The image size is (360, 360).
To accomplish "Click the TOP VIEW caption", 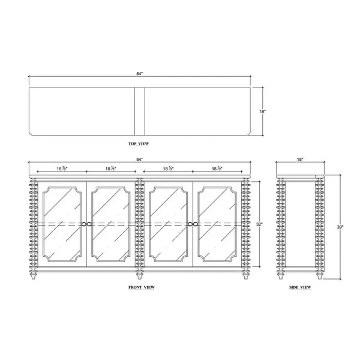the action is coord(139,144).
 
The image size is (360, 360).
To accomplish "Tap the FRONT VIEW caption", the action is coord(142,287).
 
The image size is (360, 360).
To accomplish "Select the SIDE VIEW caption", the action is coord(300,287).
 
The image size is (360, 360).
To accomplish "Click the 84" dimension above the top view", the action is coord(140,74).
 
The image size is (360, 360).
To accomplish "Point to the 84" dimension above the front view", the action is coord(140,159).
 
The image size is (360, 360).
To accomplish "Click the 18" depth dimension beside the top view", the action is coord(263,112).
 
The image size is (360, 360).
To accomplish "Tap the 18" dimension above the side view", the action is coord(300,159).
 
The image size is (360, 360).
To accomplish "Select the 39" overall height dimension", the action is coord(340,227).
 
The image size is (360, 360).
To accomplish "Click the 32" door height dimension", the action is coord(259,224).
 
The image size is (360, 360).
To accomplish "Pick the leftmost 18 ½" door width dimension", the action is coord(62,169).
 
